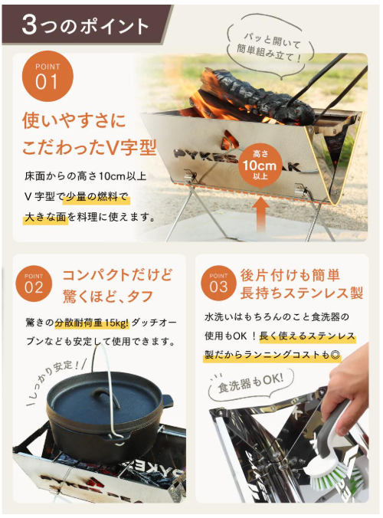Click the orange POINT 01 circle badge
[x=47, y=77]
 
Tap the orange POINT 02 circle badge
[x=34, y=283]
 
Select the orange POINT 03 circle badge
[x=218, y=283]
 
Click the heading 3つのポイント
[x=85, y=25]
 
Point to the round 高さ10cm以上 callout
[x=260, y=166]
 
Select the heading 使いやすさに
[x=74, y=120]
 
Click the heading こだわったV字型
[x=89, y=147]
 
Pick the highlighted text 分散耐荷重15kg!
[x=92, y=323]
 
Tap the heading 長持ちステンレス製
[x=302, y=293]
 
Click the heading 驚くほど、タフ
[x=108, y=295]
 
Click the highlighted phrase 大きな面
[x=45, y=218]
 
